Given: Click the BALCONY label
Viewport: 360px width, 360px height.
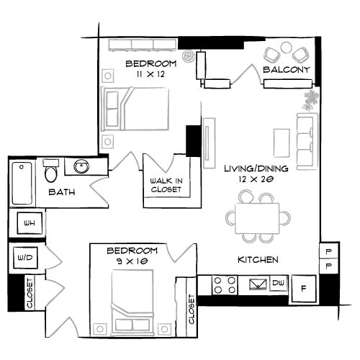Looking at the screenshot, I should click(286, 70).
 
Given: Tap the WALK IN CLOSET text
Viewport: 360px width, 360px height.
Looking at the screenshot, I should click(165, 185).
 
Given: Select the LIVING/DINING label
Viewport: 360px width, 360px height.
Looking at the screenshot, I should click(256, 168).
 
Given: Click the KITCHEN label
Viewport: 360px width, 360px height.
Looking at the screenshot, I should click(258, 259).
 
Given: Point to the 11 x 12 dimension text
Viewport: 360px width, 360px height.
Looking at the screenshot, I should click(144, 73).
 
